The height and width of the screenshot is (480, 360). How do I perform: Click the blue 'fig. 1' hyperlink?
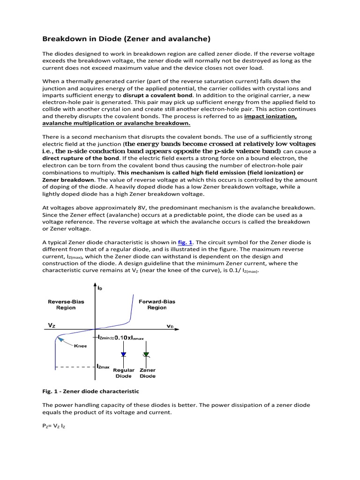pos(185,242)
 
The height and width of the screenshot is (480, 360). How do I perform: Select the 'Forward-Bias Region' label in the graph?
pos(157,305)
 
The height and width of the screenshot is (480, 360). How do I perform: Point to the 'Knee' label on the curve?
pos(80,346)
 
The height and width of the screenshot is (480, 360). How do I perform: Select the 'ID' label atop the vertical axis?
pos(100,288)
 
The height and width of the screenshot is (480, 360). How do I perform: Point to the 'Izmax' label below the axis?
pos(104,367)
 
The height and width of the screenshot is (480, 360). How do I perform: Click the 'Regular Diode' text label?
pos(123,373)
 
